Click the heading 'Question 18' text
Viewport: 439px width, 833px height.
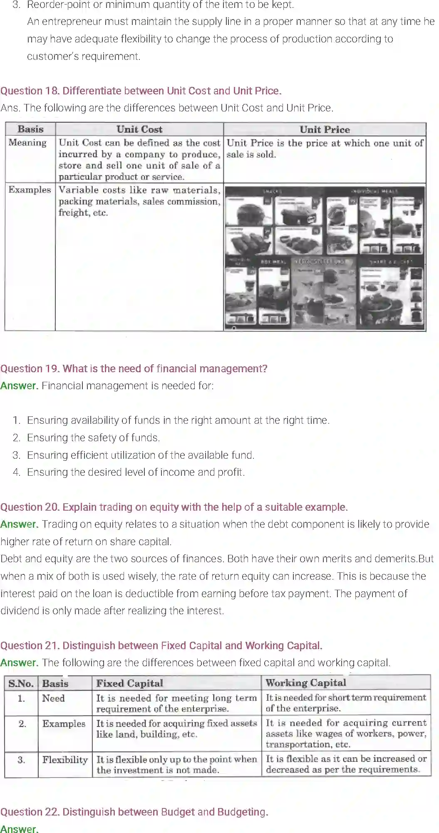141,91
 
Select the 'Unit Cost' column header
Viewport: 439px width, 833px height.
139,129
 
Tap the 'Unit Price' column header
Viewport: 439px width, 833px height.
325,129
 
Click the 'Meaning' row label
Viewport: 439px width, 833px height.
27,143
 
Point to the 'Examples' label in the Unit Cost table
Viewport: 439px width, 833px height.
30,190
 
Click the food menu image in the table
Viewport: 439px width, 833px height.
325,258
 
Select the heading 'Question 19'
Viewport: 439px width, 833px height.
134,368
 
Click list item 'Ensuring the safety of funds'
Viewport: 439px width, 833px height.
93,438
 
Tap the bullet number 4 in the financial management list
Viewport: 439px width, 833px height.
16,472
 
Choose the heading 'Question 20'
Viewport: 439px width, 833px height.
174,507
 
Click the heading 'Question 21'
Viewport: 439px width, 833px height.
161,645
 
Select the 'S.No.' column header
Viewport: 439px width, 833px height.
21,683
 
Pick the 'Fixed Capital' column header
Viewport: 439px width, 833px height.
129,683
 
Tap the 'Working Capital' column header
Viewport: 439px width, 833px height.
306,683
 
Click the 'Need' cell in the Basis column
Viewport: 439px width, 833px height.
53,698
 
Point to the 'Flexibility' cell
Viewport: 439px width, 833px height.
65,760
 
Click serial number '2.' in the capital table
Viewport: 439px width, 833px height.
22,724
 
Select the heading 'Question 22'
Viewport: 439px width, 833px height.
134,812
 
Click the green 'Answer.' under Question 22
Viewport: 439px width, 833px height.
19,829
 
